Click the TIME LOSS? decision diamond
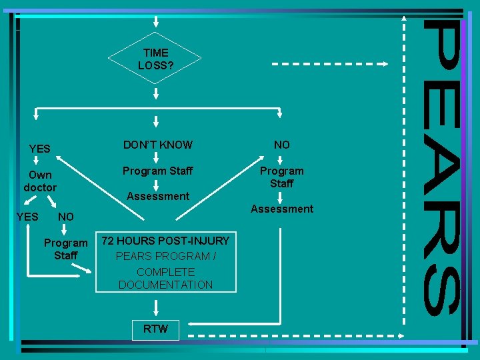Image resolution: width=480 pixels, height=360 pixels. tap(155, 59)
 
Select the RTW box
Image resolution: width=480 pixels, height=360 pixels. tap(155, 329)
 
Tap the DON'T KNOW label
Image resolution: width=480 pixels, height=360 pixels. tap(157, 145)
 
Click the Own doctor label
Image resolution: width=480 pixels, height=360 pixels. tap(40, 181)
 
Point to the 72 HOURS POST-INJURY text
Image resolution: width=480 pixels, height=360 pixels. tap(165, 240)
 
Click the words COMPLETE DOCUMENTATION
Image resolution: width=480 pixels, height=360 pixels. tap(165, 279)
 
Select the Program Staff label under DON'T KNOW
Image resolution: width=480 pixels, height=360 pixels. tap(157, 171)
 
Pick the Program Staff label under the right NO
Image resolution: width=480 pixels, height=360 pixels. tap(281, 177)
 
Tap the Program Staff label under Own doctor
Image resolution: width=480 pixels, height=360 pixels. tap(65, 249)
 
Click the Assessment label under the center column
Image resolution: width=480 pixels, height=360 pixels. tap(158, 196)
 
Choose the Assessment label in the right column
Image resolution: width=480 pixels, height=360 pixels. tap(281, 209)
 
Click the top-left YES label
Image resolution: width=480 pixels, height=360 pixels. tap(40, 149)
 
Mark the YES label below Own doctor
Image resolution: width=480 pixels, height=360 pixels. tap(27, 217)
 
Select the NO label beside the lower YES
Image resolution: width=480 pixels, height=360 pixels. tap(66, 217)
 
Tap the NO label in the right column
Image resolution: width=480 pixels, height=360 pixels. tap(281, 145)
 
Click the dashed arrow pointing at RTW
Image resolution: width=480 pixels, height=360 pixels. tap(293, 329)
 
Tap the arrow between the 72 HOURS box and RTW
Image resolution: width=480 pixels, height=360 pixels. tap(155, 307)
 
